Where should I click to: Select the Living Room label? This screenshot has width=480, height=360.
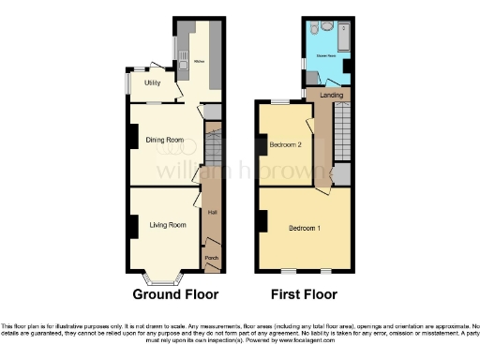161,225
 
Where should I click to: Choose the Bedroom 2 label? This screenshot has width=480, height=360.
285,145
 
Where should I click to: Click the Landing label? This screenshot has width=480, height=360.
330,96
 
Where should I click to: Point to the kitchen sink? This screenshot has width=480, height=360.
185,62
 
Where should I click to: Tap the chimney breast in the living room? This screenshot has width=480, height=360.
132,226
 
